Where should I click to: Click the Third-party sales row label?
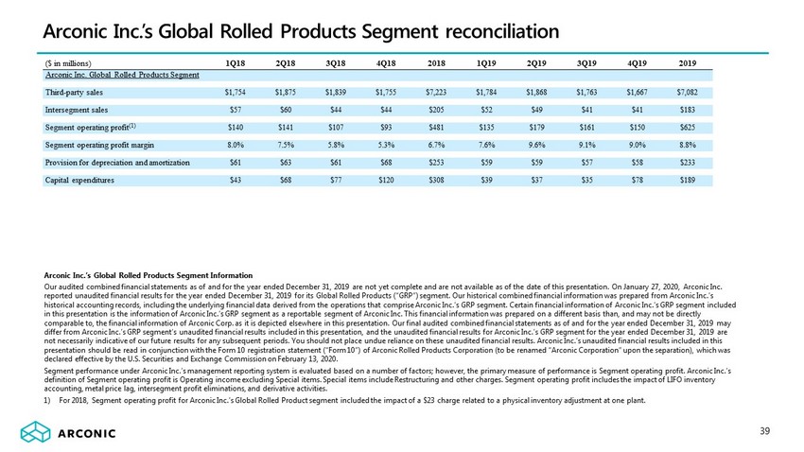coord(75,92)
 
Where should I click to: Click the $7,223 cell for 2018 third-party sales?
coord(438,92)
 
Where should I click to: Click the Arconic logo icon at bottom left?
coord(36,433)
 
